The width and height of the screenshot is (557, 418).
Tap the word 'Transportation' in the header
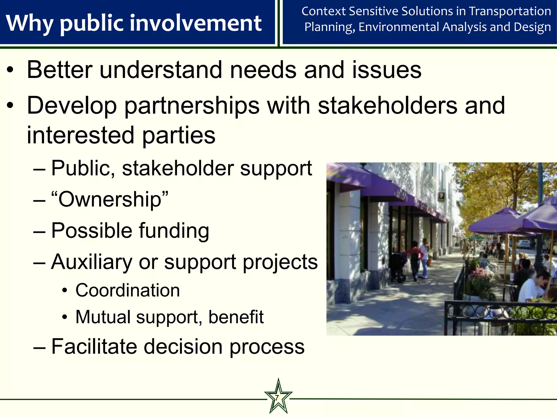coord(510,11)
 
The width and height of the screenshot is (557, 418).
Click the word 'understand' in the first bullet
coord(161,70)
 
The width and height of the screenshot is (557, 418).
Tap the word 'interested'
coord(81,135)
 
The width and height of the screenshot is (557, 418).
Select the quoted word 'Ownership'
coord(110,199)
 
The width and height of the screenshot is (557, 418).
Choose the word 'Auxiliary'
coord(91,262)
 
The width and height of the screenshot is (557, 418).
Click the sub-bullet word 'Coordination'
coord(128,290)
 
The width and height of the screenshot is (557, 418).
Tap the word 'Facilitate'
coord(94,347)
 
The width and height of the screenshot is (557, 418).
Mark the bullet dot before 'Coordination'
coord(64,291)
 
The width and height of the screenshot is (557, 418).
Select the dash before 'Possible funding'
coord(39,232)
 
